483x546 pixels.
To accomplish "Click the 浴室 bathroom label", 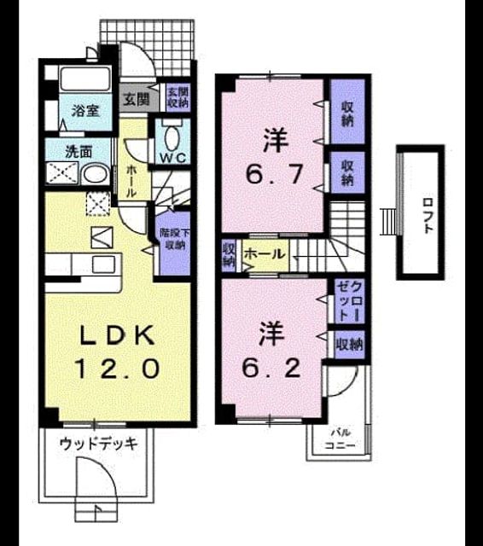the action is click(x=85, y=111).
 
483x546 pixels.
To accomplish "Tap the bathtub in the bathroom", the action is click(x=85, y=79).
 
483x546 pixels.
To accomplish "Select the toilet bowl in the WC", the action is click(x=172, y=138).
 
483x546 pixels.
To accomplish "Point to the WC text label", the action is click(x=172, y=159).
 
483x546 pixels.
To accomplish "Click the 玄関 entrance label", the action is click(x=137, y=99).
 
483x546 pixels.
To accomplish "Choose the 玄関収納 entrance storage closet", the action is click(x=178, y=97).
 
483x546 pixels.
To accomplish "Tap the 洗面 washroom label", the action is click(x=79, y=152).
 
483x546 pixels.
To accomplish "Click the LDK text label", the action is click(x=118, y=335).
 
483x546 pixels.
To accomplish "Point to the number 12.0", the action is click(x=117, y=369).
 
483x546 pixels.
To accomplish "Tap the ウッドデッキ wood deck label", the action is click(x=99, y=444).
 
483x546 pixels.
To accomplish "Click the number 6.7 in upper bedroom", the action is click(x=275, y=174).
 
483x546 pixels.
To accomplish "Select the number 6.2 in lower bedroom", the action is click(x=271, y=368).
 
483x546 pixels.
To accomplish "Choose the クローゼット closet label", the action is click(x=350, y=301).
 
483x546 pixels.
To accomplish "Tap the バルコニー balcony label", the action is click(x=340, y=440).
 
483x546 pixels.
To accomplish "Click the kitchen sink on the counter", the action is click(x=103, y=264).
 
